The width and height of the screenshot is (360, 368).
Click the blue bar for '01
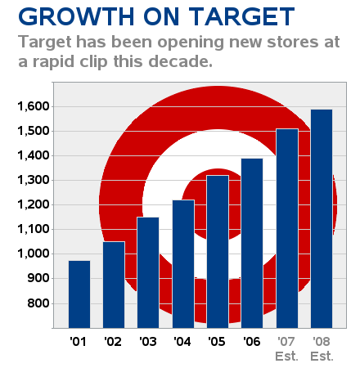pos(79,294)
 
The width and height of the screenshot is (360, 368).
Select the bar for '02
pos(114,285)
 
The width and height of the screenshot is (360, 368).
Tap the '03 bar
pos(148,272)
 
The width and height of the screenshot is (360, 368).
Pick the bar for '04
pos(183,264)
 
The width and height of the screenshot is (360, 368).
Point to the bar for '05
pos(218,252)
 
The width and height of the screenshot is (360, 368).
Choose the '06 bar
pos(252,243)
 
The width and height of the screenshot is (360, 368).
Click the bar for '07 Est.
pos(287,228)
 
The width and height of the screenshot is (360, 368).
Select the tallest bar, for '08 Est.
pos(322,218)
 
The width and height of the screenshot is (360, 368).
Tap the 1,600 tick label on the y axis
pos(34,106)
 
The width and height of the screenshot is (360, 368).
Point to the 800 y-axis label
pos(38,303)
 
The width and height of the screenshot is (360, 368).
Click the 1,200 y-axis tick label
pos(34,204)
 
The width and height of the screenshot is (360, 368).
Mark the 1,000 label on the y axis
pos(34,254)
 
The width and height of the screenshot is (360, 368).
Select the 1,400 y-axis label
pos(34,155)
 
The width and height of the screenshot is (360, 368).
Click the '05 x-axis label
pos(217,341)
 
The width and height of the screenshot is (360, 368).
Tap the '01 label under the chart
pos(78,341)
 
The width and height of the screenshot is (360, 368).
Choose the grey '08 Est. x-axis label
pos(322,348)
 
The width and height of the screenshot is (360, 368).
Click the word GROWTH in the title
pos(76,16)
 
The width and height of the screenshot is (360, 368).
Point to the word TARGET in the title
pos(241,16)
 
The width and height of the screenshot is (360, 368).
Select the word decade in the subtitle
pos(180,61)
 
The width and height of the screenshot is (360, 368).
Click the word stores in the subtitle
pos(292,43)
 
